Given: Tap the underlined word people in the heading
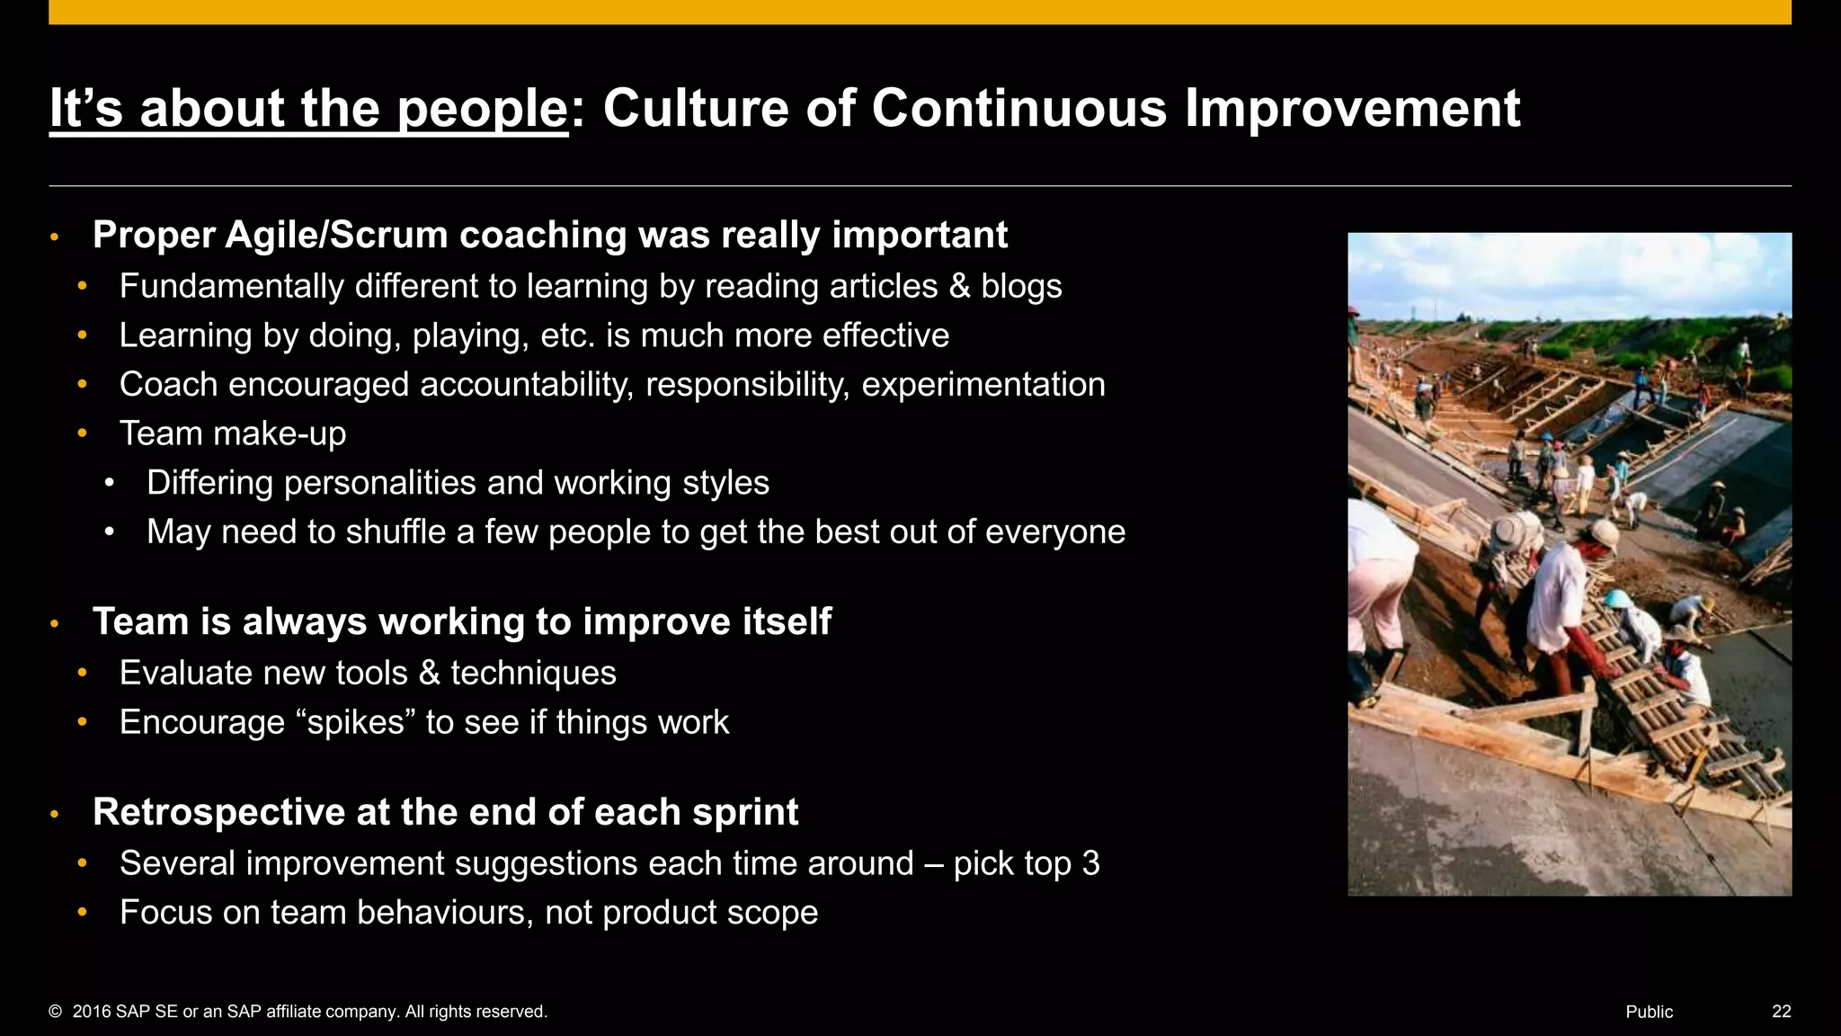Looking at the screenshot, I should point(482,111).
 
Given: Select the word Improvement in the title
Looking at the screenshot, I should point(1352,109).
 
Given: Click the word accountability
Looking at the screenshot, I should point(526,385).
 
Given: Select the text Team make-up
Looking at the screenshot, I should point(233,433).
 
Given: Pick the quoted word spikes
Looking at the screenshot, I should point(356,723).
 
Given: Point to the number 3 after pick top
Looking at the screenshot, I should point(1090,863).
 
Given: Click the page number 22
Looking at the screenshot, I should point(1781,1012).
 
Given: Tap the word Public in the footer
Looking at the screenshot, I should point(1649,1012).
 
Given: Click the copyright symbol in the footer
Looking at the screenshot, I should point(56,1012).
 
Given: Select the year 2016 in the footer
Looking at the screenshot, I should point(92,1012).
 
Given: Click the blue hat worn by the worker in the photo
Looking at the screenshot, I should point(1620,598).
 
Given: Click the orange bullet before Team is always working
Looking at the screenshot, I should point(55,623).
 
